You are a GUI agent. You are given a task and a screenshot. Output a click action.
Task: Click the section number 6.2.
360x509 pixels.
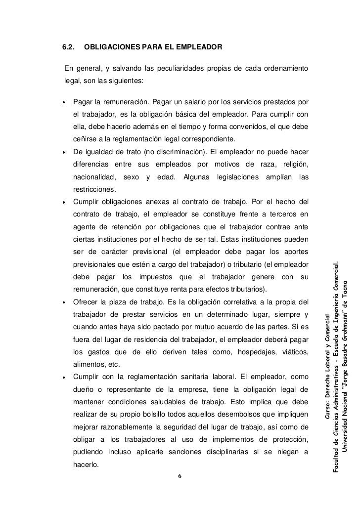[68, 47]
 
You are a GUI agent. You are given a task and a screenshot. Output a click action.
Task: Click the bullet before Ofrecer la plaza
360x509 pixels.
[65, 302]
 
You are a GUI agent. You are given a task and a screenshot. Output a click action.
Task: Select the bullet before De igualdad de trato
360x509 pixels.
[65, 151]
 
